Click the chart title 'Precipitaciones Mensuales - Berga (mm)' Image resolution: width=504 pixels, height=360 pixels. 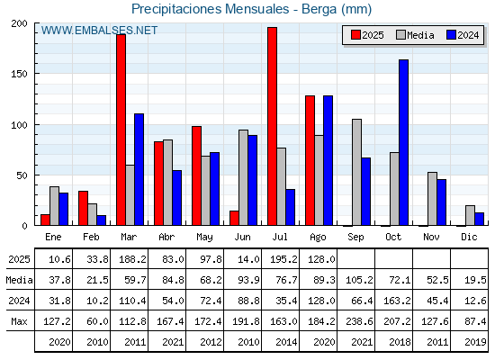(251, 9)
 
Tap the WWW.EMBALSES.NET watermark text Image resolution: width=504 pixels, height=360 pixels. (99, 31)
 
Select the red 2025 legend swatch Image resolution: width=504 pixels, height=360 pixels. (355, 35)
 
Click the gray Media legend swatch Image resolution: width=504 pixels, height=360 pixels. (400, 35)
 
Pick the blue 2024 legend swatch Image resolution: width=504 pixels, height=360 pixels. (451, 35)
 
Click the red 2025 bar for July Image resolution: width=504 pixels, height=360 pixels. (272, 126)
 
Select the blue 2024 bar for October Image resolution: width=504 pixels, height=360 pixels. (404, 142)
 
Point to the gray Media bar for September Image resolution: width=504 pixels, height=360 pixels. (356, 172)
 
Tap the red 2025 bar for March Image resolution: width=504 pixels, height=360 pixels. (121, 130)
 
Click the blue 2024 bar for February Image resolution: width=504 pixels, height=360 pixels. (101, 220)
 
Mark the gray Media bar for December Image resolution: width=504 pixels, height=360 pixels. (470, 215)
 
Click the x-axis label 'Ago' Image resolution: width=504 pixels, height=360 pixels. (318, 238)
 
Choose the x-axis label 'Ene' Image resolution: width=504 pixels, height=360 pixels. (53, 237)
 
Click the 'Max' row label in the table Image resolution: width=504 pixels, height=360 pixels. (19, 321)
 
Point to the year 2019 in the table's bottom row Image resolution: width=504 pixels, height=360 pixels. (475, 342)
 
